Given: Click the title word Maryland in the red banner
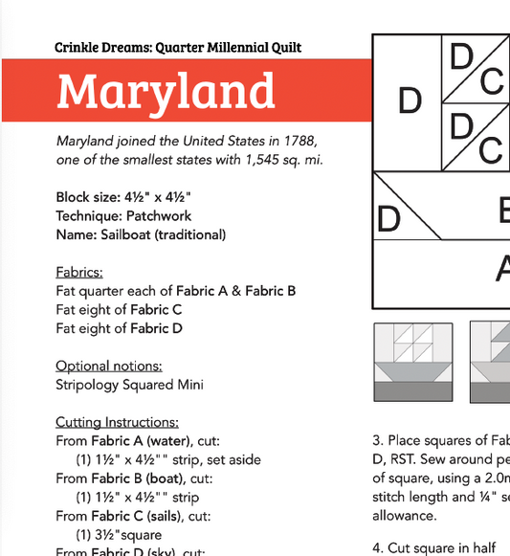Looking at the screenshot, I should point(166,91).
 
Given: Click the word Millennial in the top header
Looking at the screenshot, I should point(231,47).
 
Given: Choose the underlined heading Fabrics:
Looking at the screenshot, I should point(79,272).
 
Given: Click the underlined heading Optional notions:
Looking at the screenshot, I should point(109,366).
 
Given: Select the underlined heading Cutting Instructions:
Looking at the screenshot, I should point(118,422).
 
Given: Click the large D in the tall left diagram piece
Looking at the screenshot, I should point(410,100).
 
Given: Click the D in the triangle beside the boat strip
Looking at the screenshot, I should point(388,219).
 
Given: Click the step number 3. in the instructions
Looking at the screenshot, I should point(378,440).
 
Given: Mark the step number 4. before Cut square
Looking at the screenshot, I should point(378,547).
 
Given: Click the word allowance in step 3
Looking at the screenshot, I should point(405,515).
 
